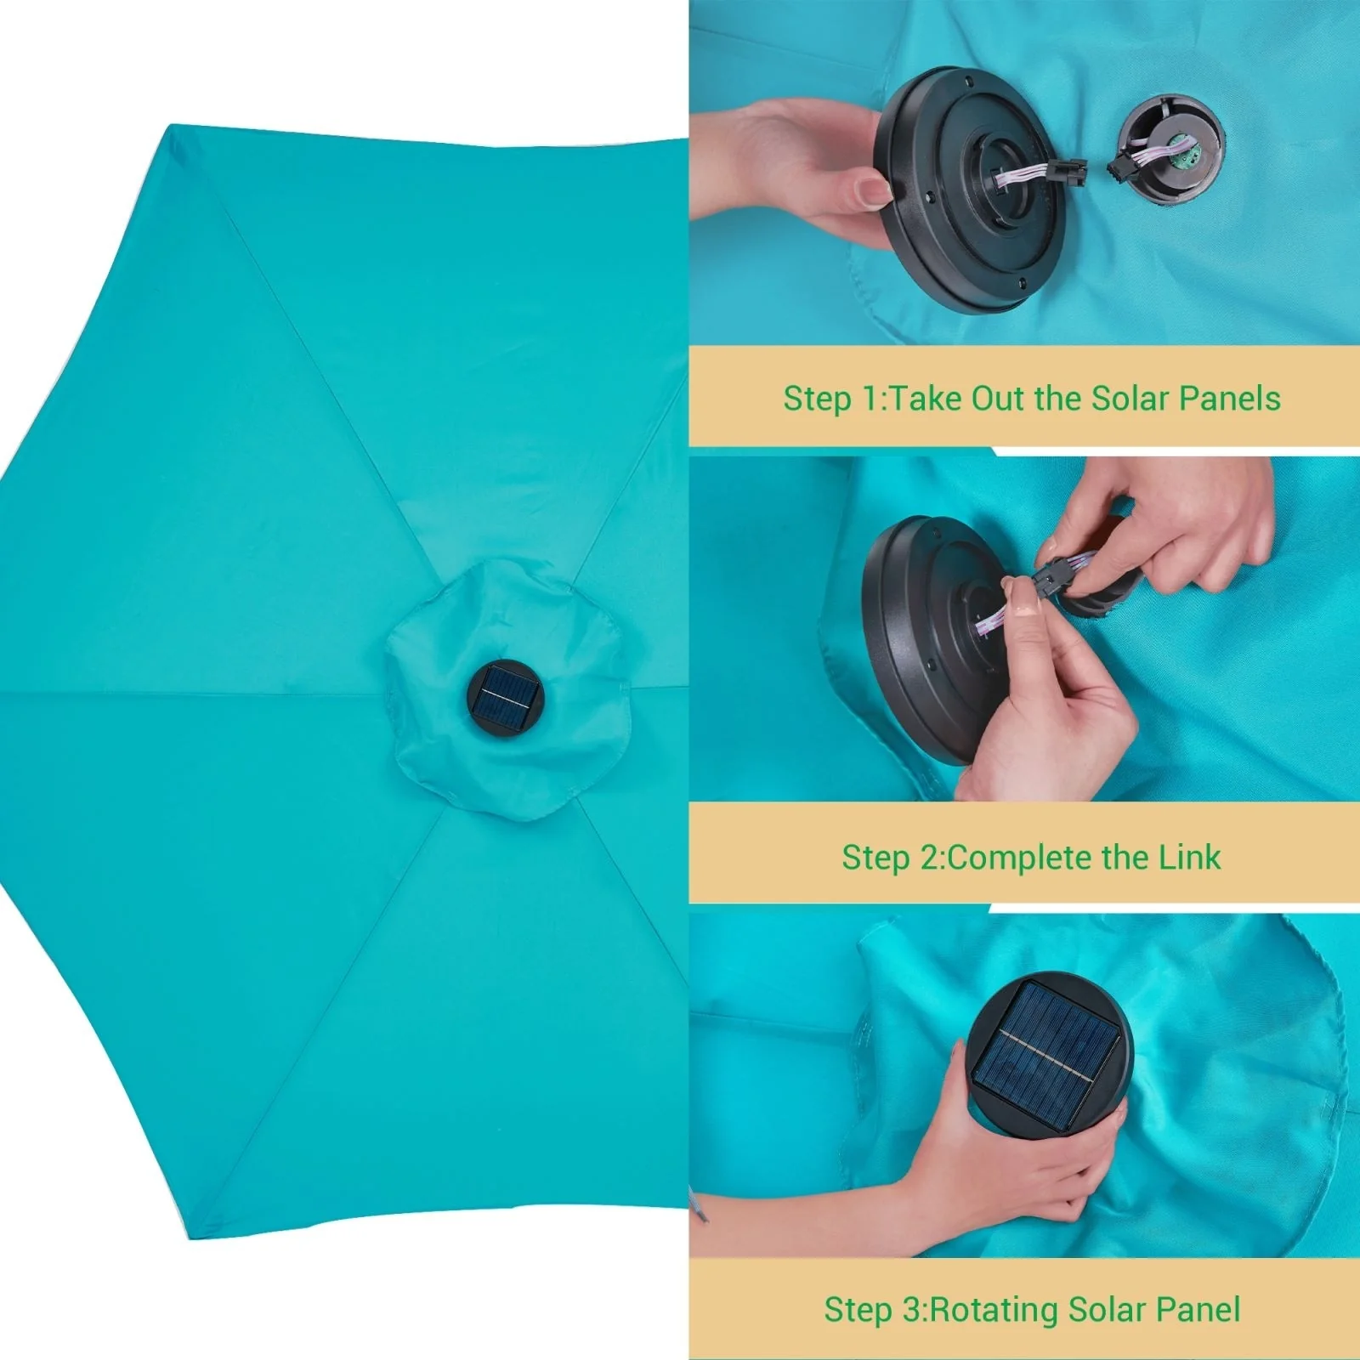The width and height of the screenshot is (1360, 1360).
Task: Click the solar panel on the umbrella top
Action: pyautogui.click(x=506, y=697)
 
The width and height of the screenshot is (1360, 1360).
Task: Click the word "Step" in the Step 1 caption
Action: pyautogui.click(x=818, y=399)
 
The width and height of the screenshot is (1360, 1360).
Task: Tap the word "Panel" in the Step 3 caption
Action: pyautogui.click(x=1198, y=1309)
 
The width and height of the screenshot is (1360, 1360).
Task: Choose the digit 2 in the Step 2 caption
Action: pyautogui.click(x=928, y=858)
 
